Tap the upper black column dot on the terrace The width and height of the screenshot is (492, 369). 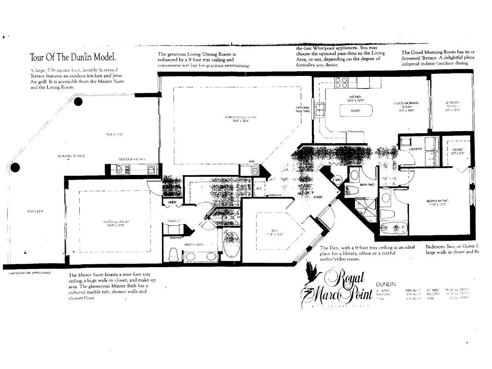78,101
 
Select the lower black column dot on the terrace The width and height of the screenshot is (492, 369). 15,167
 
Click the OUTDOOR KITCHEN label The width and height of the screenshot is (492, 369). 132,160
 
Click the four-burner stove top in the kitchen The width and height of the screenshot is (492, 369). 341,82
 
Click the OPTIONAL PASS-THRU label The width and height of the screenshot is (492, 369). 303,109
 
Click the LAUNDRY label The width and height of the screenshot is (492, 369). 415,149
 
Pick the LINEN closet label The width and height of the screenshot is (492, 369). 172,202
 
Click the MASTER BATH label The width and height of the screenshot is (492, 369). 194,245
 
